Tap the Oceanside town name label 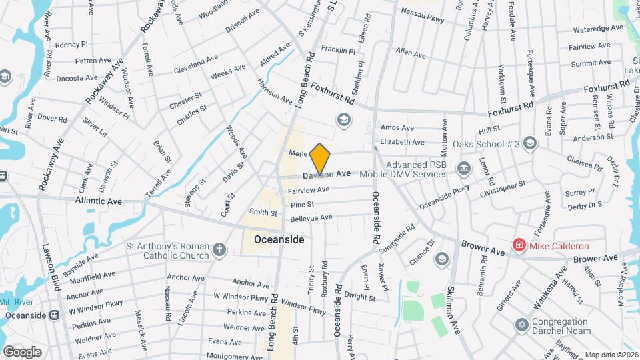[279, 239]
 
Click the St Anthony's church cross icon [220, 250]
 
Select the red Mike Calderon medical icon [518, 246]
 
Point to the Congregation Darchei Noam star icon [521, 325]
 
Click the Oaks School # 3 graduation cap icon [529, 143]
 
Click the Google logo [22, 351]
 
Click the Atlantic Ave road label [99, 200]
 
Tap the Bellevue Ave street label [311, 218]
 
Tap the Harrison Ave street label [275, 92]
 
